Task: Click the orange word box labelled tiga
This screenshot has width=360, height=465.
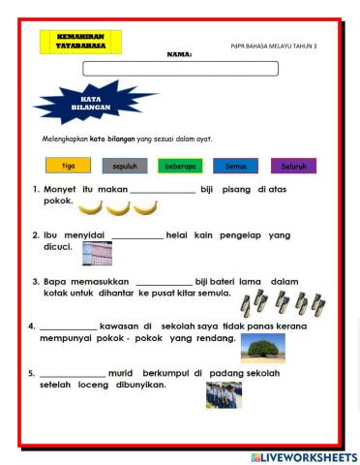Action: (x=68, y=166)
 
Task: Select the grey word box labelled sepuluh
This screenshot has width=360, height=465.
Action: (x=125, y=166)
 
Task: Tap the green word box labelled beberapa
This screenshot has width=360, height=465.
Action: (x=180, y=166)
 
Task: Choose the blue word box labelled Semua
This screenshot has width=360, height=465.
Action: (x=236, y=166)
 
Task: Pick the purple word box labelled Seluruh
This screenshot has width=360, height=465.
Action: (x=292, y=166)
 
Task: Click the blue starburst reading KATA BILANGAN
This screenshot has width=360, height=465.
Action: (x=81, y=103)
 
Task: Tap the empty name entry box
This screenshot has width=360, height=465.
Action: (x=180, y=68)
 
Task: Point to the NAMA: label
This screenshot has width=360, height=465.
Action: (x=179, y=54)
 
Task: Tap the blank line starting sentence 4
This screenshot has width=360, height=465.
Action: (x=68, y=327)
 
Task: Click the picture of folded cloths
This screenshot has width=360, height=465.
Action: (x=98, y=253)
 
